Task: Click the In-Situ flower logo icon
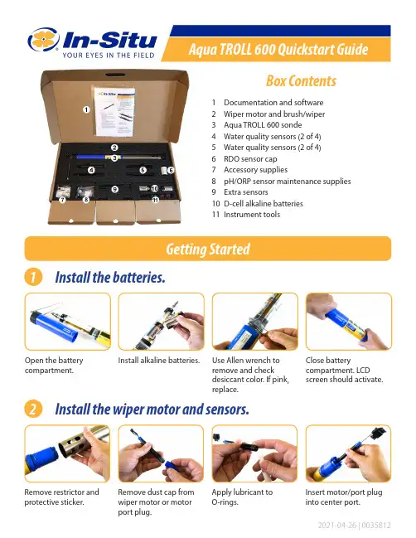point(44,40)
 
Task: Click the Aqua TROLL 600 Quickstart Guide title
point(278,50)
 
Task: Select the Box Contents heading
point(301,81)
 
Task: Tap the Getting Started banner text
point(208,249)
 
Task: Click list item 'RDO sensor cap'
point(250,159)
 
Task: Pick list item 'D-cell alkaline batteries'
point(264,203)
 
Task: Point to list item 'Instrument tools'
point(252,215)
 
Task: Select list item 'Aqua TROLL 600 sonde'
point(263,125)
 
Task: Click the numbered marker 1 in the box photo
point(86,109)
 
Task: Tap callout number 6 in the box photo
point(171,170)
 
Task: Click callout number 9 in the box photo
point(115,189)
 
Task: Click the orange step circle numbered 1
point(33,277)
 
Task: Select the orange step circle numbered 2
point(33,409)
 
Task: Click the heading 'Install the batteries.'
point(110,277)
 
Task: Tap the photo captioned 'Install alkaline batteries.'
point(162,322)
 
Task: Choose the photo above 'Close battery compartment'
point(348,322)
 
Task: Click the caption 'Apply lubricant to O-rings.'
point(242,497)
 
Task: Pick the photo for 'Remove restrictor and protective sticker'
point(68,453)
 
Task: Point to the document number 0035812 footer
point(376,526)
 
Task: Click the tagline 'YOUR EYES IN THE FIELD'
point(109,56)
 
